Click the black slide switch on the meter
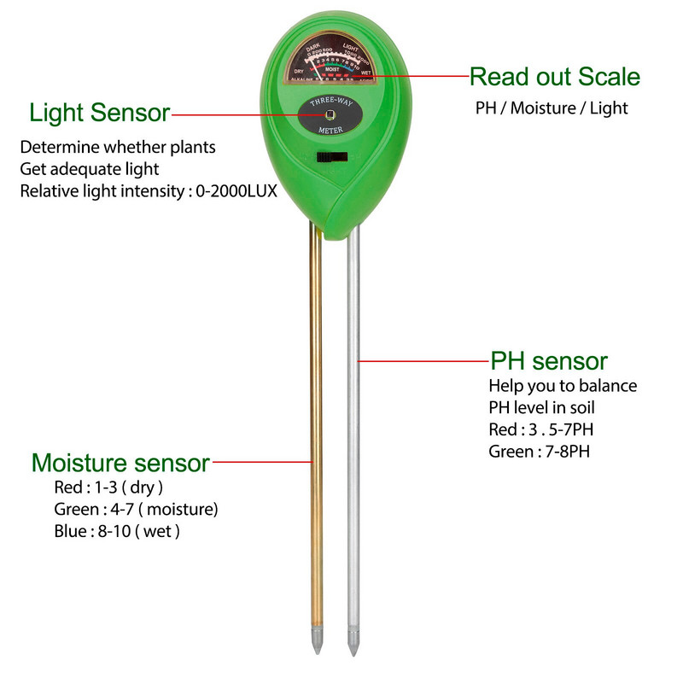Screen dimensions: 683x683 click(332, 156)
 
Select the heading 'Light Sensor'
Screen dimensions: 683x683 click(99, 112)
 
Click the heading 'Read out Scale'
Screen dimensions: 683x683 click(554, 77)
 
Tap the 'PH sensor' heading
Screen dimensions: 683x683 click(548, 360)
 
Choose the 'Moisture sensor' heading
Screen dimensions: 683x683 click(120, 463)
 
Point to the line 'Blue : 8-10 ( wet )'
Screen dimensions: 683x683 click(117, 531)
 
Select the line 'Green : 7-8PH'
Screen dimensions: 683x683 click(539, 451)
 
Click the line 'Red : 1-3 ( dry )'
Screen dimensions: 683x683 click(108, 487)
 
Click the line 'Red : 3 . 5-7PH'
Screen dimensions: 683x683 click(540, 429)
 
